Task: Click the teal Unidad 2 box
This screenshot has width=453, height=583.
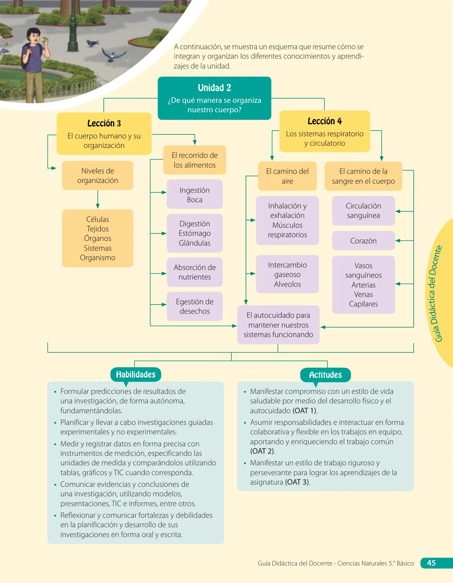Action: pos(214,98)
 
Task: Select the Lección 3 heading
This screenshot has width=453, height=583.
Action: pos(104,123)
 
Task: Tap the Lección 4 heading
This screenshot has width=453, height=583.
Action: pos(325,121)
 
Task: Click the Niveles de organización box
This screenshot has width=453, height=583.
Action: pos(98,176)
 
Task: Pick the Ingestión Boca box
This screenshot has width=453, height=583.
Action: pos(195,194)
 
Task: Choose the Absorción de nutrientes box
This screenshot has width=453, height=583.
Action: pos(195,272)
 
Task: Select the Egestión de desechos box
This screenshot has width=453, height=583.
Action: pos(195,306)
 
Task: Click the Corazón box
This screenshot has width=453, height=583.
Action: pos(363,240)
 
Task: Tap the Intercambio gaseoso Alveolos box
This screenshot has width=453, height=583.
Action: pos(287,274)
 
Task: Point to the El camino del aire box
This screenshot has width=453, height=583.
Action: pos(287,176)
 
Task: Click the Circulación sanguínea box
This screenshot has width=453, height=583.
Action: pos(363,211)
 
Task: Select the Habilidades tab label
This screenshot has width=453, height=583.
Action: pos(136,374)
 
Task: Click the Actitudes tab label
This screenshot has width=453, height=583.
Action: pos(325,375)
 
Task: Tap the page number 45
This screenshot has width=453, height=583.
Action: pos(431,563)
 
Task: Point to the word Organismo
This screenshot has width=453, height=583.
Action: pos(98,258)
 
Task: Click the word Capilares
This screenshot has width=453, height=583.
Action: pos(363,304)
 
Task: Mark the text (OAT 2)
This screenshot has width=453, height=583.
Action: pos(263,451)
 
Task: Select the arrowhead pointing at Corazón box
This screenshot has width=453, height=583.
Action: pos(398,240)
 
